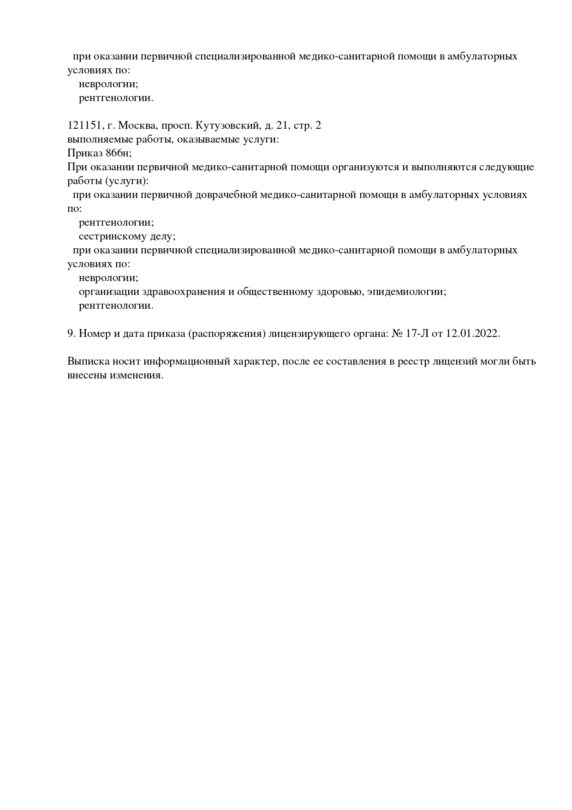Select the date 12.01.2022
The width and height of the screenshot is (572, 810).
[x=473, y=333]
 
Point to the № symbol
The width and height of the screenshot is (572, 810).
[x=397, y=333]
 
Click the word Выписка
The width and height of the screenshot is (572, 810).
[x=86, y=361]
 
